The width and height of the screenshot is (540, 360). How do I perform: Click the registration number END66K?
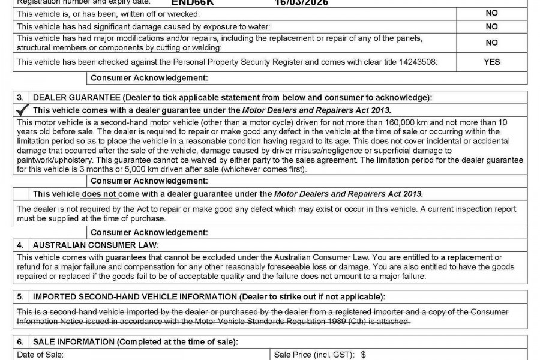188,2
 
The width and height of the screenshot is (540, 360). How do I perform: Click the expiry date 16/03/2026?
302,2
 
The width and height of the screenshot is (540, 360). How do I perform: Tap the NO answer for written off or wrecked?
491,13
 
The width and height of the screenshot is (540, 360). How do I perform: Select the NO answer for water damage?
491,27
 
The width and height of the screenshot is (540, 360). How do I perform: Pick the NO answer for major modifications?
491,43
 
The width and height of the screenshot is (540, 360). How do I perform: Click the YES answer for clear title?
491,62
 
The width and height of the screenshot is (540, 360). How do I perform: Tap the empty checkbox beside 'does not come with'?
21,194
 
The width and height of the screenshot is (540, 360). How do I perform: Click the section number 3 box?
20,98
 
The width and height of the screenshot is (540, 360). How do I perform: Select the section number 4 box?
20,245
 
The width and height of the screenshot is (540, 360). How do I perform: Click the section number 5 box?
20,297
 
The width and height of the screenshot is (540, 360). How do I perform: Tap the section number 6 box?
20,342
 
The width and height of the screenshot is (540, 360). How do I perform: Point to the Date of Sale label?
39,355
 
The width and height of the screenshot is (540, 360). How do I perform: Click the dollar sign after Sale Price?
363,355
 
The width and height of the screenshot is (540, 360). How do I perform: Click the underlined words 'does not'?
100,194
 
